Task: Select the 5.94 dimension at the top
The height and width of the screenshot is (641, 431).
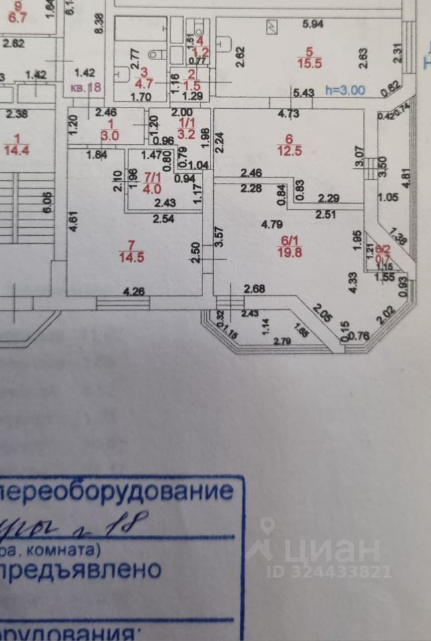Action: point(312,25)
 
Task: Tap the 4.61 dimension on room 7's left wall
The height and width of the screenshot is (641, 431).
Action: point(75,220)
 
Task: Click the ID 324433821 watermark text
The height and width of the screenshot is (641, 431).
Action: point(329,572)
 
